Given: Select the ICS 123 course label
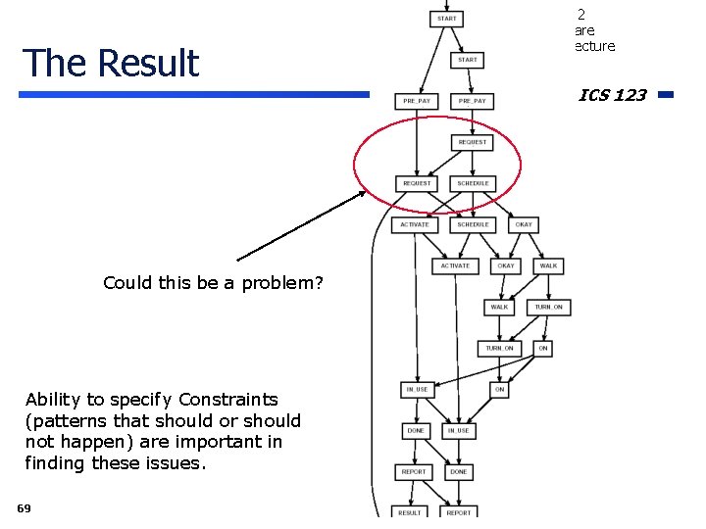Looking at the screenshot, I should click(612, 95).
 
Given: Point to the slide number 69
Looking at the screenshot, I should click(24, 507).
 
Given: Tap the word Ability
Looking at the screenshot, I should click(55, 400).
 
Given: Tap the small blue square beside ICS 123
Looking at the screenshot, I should click(665, 95).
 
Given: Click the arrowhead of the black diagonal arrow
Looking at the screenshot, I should click(362, 193).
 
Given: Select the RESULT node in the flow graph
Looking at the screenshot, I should click(410, 512).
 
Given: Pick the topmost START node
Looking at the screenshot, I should click(446, 19).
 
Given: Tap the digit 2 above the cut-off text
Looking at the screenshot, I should click(580, 15).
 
